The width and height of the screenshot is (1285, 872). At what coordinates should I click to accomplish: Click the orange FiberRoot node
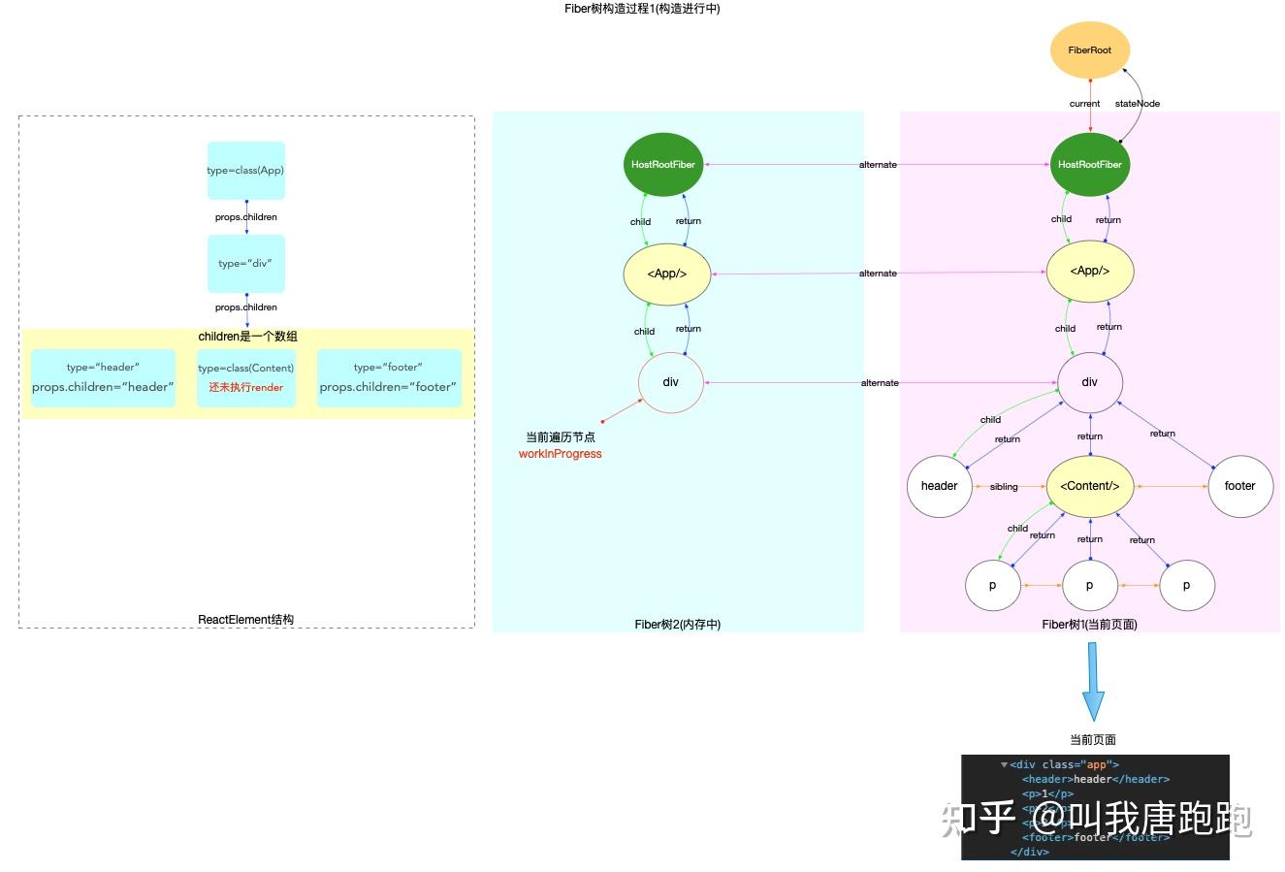tap(1089, 49)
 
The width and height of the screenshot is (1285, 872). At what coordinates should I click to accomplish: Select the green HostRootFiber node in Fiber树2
tap(663, 164)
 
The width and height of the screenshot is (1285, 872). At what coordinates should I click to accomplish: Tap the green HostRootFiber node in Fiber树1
tap(1089, 164)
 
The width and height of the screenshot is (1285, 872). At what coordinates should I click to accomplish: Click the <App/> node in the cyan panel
tap(666, 274)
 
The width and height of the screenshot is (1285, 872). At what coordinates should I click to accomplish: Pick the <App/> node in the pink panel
tap(1089, 272)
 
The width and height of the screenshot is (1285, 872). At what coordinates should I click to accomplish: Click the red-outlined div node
tap(670, 382)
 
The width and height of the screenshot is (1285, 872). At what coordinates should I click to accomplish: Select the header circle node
tap(939, 486)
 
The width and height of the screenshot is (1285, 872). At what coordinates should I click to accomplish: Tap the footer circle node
tap(1239, 486)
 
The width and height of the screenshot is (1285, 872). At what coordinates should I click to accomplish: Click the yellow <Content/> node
tap(1089, 486)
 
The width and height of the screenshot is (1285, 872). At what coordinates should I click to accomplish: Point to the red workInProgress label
tap(560, 454)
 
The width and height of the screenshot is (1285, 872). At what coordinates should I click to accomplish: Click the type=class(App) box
tap(245, 171)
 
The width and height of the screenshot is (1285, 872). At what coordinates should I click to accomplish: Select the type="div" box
tap(245, 263)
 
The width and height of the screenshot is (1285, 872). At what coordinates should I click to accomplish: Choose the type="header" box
tap(103, 377)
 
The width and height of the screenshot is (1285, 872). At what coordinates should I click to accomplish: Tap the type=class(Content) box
tap(245, 377)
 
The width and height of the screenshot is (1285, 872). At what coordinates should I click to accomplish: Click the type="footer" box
tap(388, 377)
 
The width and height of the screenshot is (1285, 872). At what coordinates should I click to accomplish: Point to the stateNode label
tap(1137, 104)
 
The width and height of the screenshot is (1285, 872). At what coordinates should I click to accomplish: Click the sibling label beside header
tap(1004, 487)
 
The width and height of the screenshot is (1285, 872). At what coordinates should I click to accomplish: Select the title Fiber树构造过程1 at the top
tap(642, 9)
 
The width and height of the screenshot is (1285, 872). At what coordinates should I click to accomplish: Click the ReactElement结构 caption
tap(245, 620)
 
